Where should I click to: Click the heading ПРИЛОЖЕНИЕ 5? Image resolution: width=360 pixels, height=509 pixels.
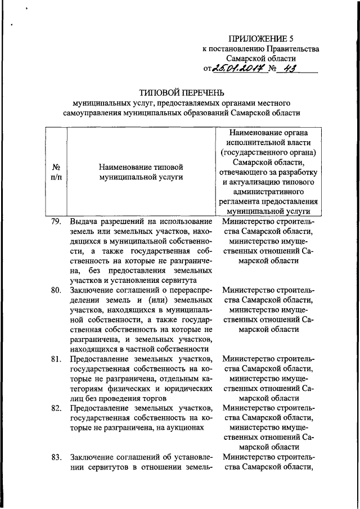261,39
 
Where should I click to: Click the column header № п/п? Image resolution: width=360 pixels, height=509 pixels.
56,172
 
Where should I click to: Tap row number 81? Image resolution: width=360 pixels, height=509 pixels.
55,358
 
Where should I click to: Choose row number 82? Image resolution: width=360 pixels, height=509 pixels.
55,407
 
